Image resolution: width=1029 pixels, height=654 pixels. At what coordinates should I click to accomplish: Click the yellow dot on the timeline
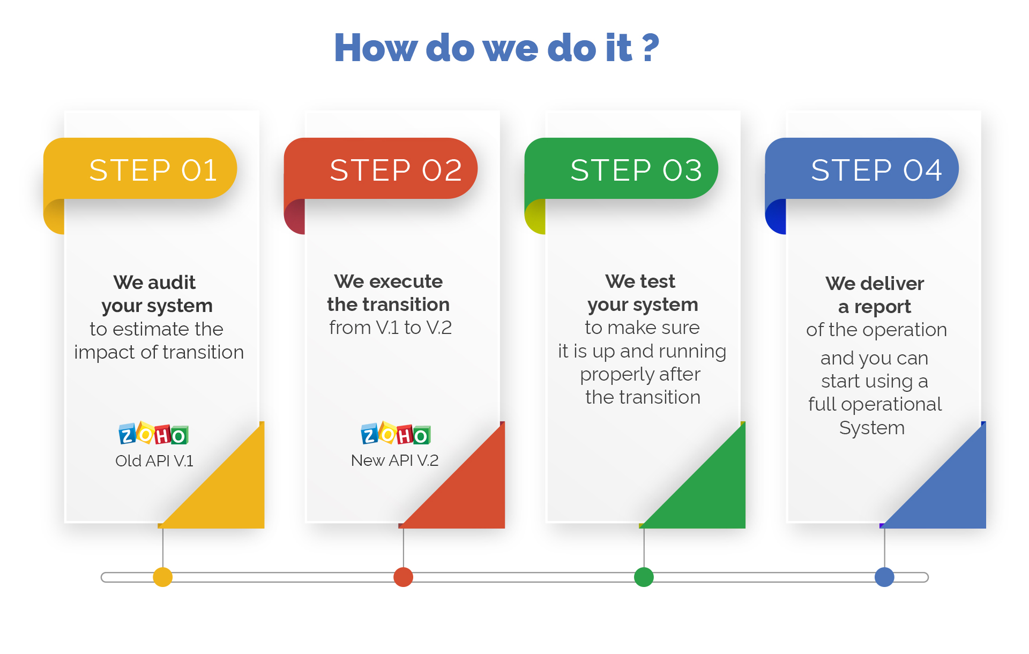tap(163, 577)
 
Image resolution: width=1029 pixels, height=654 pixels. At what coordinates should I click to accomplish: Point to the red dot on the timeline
tap(404, 577)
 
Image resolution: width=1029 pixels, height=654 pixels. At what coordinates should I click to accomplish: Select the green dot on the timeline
tap(644, 577)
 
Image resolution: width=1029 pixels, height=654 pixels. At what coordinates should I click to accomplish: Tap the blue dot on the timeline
tap(884, 577)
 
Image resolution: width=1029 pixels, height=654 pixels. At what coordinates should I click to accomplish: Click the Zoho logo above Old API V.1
tap(153, 433)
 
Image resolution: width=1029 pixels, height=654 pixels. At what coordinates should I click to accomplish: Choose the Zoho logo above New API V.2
tap(396, 433)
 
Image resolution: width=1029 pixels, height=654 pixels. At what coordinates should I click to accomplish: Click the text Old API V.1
tap(154, 461)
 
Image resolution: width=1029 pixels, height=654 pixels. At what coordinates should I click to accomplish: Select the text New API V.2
tap(395, 460)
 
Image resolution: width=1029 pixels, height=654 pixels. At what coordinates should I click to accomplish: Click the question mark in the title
tap(650, 47)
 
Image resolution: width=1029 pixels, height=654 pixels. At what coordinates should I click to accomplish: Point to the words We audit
tap(154, 283)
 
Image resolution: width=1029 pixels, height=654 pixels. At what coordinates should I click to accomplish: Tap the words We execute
tap(389, 281)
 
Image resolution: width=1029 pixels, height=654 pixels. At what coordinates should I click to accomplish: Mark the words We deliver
tap(875, 284)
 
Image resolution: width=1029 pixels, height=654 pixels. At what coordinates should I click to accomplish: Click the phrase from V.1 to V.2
tap(391, 328)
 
